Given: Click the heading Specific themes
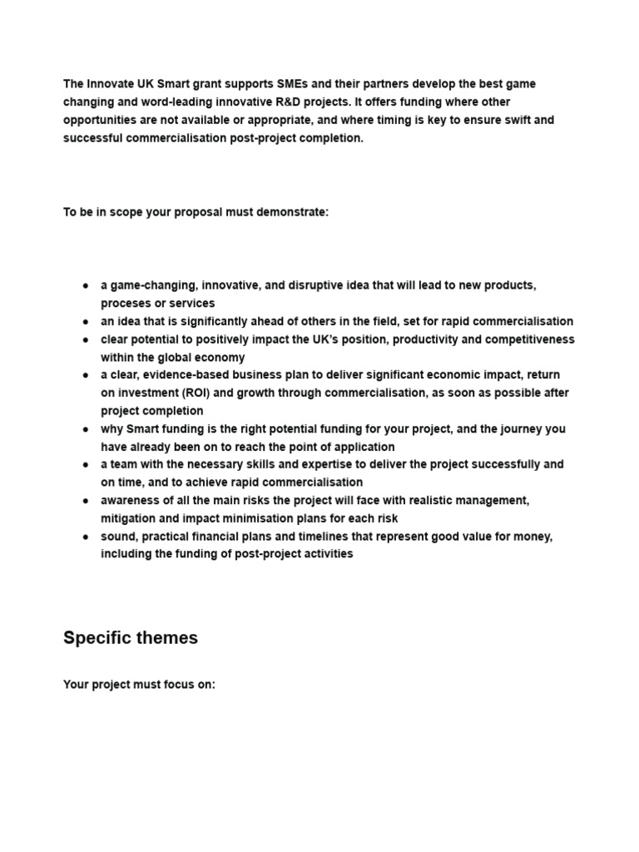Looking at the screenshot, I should (x=131, y=638).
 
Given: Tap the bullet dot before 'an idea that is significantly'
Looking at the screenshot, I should (x=86, y=322).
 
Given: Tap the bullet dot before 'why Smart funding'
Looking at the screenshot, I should (x=86, y=429).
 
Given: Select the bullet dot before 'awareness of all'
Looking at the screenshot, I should (x=86, y=501).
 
